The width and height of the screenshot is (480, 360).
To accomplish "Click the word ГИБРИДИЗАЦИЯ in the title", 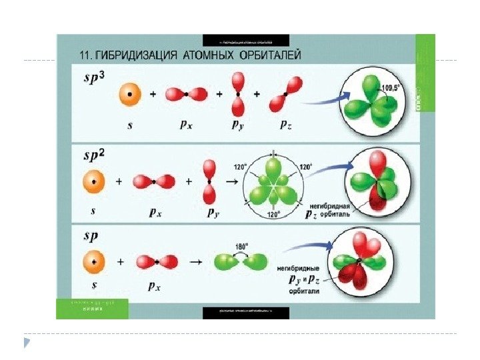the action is [138, 53].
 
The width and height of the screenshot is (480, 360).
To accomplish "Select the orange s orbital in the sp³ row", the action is [129, 95].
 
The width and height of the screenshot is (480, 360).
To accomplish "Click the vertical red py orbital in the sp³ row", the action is [237, 94].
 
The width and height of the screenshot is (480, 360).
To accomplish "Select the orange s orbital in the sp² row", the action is [94, 181].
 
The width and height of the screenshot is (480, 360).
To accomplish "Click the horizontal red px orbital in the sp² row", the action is [154, 181].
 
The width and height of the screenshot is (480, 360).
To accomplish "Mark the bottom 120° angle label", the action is [273, 215].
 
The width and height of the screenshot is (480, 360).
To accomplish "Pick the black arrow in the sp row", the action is [196, 262].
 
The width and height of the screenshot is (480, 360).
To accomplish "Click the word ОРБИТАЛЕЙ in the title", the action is [265, 53].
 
